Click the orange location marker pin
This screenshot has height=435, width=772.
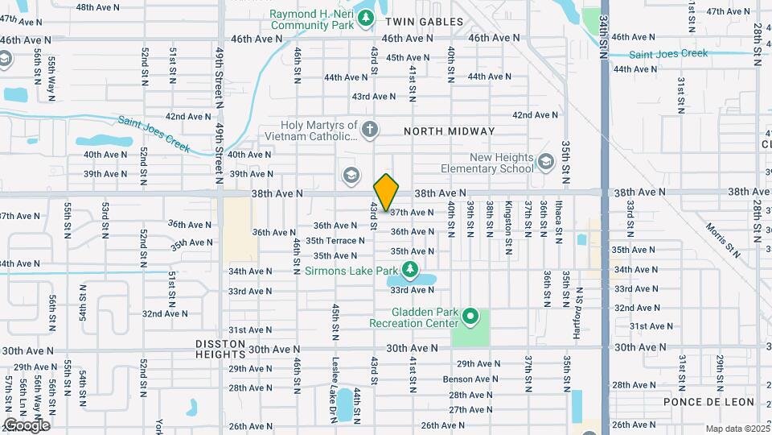(386, 192)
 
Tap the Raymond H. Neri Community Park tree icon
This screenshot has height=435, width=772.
(366, 17)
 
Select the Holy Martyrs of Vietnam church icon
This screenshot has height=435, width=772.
(369, 130)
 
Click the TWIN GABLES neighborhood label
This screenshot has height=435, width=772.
(424, 22)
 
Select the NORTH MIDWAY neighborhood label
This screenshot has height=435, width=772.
(450, 130)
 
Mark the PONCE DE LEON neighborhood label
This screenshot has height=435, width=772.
(709, 402)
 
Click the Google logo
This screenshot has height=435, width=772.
(26, 425)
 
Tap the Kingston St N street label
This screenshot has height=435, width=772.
(508, 218)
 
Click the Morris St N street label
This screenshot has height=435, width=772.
(722, 239)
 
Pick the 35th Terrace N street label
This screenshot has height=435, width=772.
(335, 241)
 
